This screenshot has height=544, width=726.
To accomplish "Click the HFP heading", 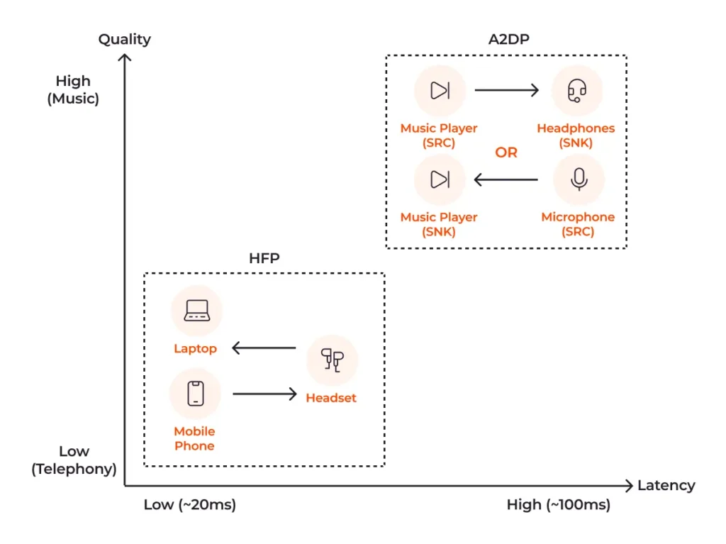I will pyautogui.click(x=264, y=259).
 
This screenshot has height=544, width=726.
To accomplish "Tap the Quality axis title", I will pyautogui.click(x=125, y=39).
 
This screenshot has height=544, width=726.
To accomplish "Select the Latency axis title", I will pyautogui.click(x=666, y=486).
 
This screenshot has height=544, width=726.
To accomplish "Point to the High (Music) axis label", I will pyautogui.click(x=73, y=90).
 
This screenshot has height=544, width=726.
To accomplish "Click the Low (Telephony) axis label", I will pyautogui.click(x=74, y=460).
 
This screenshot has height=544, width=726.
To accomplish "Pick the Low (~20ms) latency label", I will pyautogui.click(x=189, y=505).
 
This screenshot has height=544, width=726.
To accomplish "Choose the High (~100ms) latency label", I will pyautogui.click(x=558, y=505).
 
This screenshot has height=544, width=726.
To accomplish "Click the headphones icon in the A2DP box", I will pyautogui.click(x=577, y=91).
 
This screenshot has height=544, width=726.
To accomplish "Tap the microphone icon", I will pyautogui.click(x=579, y=179).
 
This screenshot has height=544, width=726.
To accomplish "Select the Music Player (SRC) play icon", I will pyautogui.click(x=440, y=91).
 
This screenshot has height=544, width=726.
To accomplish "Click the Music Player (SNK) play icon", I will pyautogui.click(x=440, y=179).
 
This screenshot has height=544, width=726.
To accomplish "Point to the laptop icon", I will pyautogui.click(x=196, y=311).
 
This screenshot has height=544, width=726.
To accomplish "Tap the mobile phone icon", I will pyautogui.click(x=196, y=394).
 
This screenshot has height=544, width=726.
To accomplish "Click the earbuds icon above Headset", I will pyautogui.click(x=332, y=360).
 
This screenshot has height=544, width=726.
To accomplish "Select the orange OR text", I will pyautogui.click(x=506, y=152).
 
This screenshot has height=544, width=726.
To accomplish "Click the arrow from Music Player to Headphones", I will pyautogui.click(x=506, y=91).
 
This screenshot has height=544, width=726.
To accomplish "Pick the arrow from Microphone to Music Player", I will pyautogui.click(x=506, y=179).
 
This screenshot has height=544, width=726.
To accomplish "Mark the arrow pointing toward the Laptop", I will pyautogui.click(x=264, y=348).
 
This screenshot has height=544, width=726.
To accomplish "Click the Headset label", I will pyautogui.click(x=331, y=398).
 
